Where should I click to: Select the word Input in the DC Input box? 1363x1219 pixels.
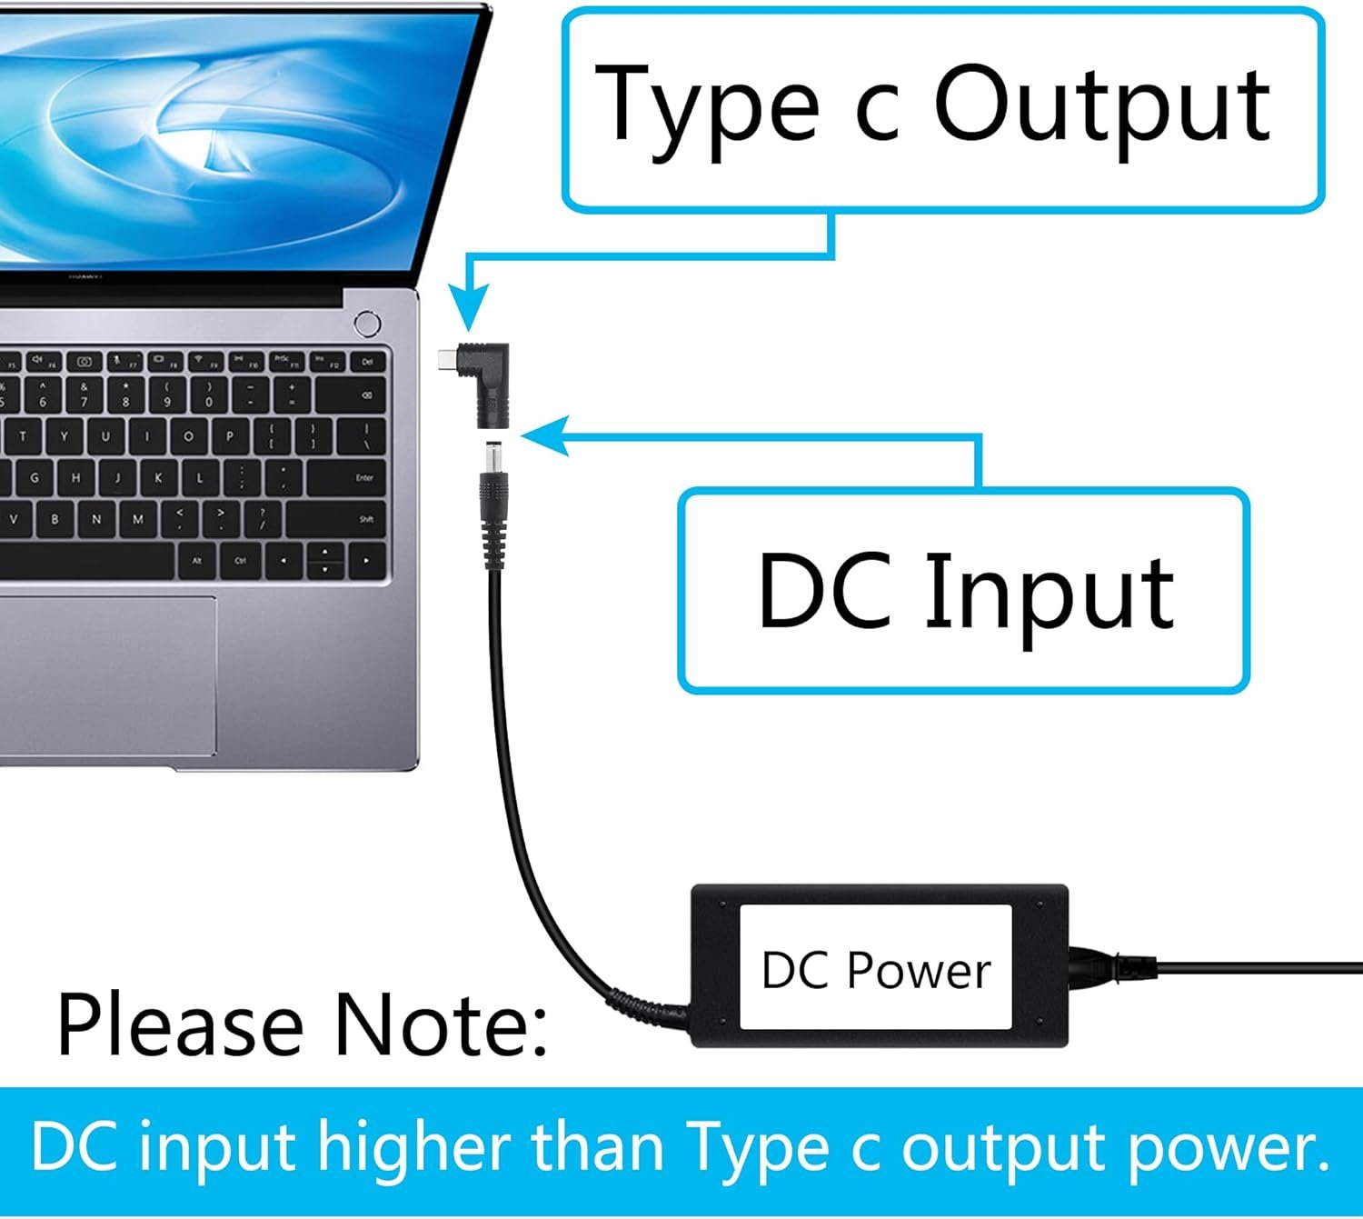1050,593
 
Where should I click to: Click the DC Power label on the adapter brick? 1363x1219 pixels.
876,969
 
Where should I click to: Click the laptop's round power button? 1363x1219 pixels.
367,324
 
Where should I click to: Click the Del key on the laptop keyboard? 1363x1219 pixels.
367,362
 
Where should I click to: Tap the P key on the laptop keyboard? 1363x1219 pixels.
230,436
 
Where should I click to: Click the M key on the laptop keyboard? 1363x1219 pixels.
138,519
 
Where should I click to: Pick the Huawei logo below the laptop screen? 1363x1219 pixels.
85,275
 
